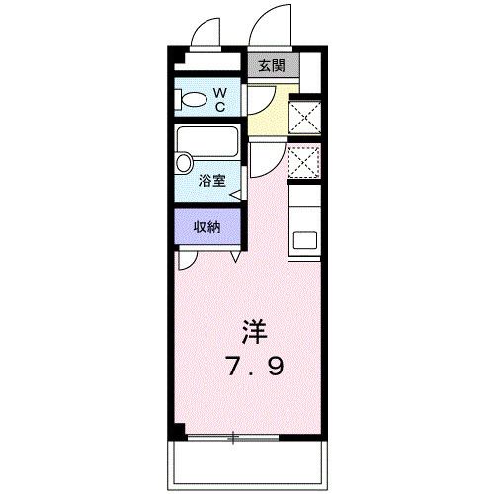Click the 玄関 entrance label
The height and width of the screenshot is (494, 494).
click(x=272, y=66)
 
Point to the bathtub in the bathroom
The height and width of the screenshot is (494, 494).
click(x=208, y=146)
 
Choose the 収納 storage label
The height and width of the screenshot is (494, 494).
click(x=206, y=227)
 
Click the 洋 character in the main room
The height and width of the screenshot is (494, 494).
click(x=255, y=331)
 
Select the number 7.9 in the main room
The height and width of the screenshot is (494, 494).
click(x=255, y=368)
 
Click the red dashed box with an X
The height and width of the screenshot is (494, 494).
click(x=301, y=161)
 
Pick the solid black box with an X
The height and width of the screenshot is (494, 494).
click(x=301, y=118)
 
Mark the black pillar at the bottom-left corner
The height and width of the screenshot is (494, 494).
click(x=177, y=431)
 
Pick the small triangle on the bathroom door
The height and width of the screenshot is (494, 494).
click(x=235, y=194)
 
